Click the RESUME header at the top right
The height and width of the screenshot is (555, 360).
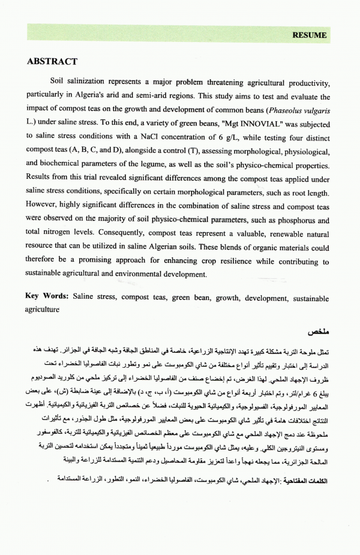click(x=309, y=35)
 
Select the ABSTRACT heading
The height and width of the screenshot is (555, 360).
click(x=52, y=62)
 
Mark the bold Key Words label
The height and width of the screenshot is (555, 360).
click(x=47, y=297)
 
